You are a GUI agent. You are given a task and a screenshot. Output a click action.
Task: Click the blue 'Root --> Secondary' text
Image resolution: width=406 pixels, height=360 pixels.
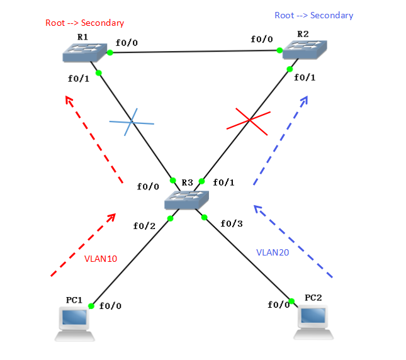click(313, 15)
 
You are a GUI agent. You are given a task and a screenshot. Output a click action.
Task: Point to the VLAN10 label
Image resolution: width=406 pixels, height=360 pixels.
click(101, 258)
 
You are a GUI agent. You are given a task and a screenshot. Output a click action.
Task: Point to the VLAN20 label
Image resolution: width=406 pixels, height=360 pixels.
click(273, 252)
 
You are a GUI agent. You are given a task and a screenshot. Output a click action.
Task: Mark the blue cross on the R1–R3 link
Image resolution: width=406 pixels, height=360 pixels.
click(132, 121)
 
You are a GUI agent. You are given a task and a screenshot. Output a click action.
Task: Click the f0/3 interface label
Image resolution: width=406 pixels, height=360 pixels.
click(232, 223)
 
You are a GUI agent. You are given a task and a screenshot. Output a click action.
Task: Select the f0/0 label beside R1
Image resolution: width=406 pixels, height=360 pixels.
click(127, 44)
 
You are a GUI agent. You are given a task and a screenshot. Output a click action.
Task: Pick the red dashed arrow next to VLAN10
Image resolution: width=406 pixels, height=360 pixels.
click(82, 245)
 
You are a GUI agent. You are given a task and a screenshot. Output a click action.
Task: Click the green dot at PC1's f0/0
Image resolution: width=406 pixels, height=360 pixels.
click(91, 306)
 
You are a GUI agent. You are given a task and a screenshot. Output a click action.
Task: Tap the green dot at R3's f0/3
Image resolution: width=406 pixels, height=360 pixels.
click(204, 218)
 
